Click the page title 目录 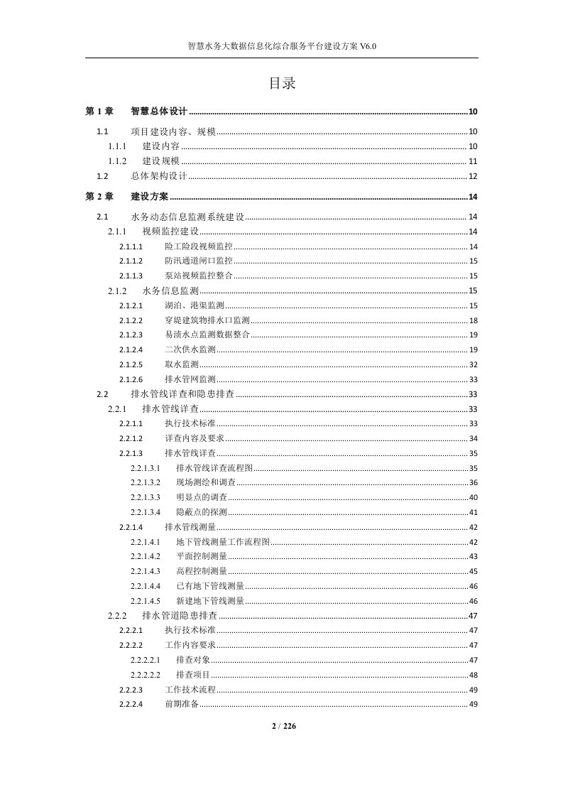click(281, 83)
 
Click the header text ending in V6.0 click(281, 46)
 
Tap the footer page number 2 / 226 click(281, 725)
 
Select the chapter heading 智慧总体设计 click(159, 112)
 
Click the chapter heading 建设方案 click(150, 197)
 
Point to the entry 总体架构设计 click(158, 176)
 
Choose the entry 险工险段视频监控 click(198, 246)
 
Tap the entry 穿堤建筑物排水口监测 click(207, 320)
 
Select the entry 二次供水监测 click(190, 349)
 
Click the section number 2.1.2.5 click(131, 364)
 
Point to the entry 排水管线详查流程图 click(214, 468)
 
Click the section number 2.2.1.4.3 click(146, 571)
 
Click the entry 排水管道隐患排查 click(180, 615)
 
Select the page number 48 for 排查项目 click(473, 675)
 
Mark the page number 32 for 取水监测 click(473, 364)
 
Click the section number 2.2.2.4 click(131, 704)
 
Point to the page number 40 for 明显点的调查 click(473, 497)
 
